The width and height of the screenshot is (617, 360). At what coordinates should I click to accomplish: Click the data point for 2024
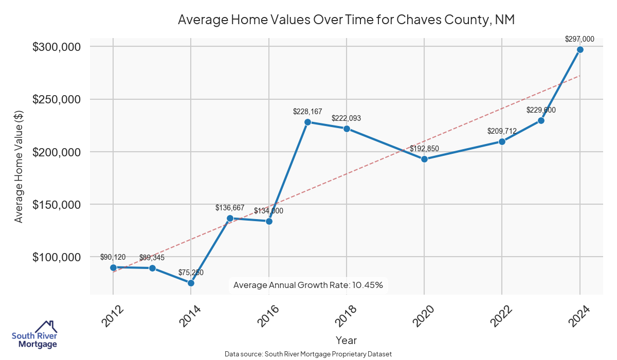[580, 49]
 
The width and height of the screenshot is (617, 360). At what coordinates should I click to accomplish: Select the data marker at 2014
[191, 283]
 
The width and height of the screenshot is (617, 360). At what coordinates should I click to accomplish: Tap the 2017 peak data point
[307, 122]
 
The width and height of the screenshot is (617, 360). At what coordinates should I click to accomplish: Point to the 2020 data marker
[424, 159]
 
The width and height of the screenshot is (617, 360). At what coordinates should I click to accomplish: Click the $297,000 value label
[579, 39]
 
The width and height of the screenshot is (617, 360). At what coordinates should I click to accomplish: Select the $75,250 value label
[191, 272]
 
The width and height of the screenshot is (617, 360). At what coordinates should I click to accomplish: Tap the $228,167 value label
[307, 111]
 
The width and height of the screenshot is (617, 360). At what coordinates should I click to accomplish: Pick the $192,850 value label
[424, 149]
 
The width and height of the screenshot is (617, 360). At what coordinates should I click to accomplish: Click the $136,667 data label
[230, 208]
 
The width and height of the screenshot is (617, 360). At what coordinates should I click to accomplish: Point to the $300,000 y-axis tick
[57, 47]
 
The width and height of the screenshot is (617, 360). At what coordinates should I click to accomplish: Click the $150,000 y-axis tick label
[57, 205]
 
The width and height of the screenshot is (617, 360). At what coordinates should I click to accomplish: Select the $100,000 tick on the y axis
[57, 257]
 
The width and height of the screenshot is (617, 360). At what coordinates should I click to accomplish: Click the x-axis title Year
[346, 340]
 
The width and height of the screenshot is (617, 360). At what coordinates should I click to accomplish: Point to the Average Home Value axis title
[19, 170]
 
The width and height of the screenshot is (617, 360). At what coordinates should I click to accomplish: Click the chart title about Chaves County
[346, 20]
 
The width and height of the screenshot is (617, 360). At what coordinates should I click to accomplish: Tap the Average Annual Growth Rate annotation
[308, 285]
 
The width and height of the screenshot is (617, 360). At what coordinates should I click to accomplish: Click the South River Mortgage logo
[34, 335]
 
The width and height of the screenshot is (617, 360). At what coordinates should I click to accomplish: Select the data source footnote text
[308, 354]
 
